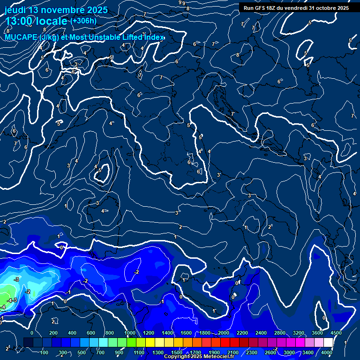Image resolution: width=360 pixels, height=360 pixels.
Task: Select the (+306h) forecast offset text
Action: pos(83,21)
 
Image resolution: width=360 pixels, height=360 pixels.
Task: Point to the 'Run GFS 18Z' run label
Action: pos(259,8)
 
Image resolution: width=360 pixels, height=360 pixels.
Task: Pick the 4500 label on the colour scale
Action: pos(336,333)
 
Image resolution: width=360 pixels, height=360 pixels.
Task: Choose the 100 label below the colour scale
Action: pos(44,352)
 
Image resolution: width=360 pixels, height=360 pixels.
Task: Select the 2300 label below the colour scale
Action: pos(251,352)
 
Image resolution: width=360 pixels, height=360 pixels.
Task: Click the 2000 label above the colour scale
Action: pos(223,333)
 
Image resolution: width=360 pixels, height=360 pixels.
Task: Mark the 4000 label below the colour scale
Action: pos(327,352)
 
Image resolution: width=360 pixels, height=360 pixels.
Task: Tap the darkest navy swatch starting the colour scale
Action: pos(29,343)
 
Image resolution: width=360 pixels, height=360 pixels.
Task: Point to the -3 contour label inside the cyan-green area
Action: pos(16,279)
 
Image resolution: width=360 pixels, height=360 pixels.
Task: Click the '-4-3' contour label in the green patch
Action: pos(13,300)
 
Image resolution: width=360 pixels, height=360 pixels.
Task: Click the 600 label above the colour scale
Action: pos(91,333)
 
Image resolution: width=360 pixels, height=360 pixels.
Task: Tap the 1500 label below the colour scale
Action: pos(177,352)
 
